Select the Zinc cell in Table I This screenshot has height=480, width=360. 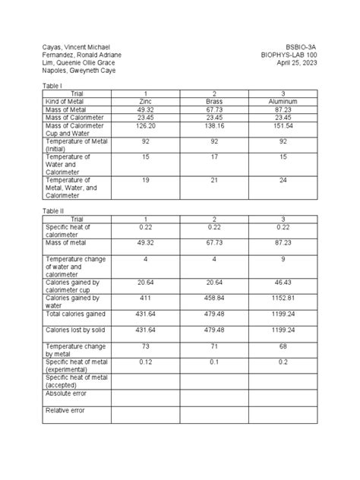point(147,101)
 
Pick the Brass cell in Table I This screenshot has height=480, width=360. point(214,101)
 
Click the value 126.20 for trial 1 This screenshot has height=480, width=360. point(147,125)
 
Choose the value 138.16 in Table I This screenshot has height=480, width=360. point(214,125)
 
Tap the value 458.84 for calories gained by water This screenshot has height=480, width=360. point(214,298)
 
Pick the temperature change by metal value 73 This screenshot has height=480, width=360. point(147,346)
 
